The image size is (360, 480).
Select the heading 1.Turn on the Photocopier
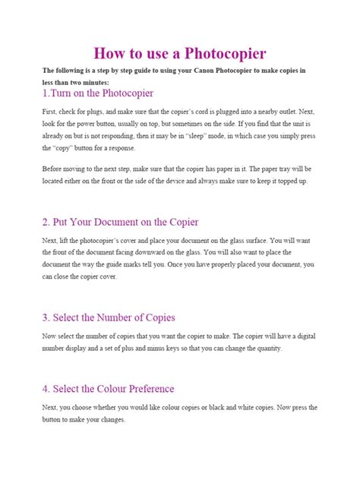pyautogui.click(x=98, y=94)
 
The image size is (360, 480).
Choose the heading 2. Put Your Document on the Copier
pyautogui.click(x=121, y=222)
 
